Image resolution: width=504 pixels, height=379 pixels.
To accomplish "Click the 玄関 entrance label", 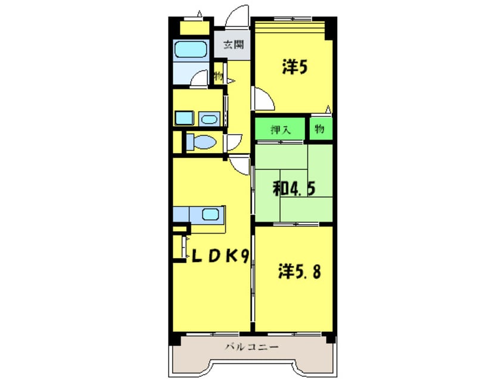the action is pyautogui.click(x=234, y=44).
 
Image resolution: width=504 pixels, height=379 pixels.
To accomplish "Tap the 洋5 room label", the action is pyautogui.click(x=295, y=67).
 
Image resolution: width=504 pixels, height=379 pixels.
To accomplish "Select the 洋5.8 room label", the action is pyautogui.click(x=299, y=271).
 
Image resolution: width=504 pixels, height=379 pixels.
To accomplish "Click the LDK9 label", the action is pyautogui.click(x=220, y=256).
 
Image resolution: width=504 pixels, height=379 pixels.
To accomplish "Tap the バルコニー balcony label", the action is pyautogui.click(x=251, y=347).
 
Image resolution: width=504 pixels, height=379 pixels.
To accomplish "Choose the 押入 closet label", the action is pyautogui.click(x=281, y=129).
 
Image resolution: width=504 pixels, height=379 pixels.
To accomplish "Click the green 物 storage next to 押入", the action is pyautogui.click(x=319, y=129).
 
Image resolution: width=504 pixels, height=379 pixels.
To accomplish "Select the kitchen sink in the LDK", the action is pyautogui.click(x=210, y=214).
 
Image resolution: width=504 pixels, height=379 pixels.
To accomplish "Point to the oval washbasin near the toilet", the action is pyautogui.click(x=209, y=119).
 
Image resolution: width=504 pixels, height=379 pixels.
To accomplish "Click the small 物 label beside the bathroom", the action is pyautogui.click(x=219, y=76).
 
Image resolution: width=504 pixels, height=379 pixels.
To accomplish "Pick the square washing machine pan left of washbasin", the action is pyautogui.click(x=185, y=118).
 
